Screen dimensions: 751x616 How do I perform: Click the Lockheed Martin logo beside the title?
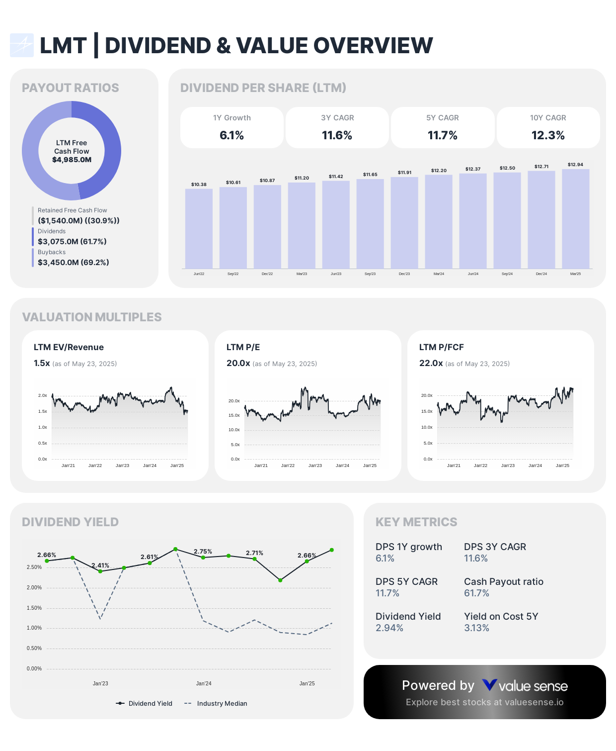point(22,45)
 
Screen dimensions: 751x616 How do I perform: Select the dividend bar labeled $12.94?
point(575,219)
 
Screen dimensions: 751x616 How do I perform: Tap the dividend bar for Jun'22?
point(199,229)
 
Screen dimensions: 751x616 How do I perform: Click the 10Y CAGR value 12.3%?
point(548,135)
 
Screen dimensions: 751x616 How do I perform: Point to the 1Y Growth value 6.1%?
point(231,135)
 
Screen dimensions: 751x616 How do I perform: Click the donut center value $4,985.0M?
point(72,160)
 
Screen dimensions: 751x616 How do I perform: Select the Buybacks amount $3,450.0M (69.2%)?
point(74,262)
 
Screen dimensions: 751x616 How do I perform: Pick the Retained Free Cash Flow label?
point(72,210)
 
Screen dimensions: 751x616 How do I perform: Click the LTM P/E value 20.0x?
point(238,363)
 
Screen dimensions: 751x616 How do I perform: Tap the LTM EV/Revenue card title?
point(69,347)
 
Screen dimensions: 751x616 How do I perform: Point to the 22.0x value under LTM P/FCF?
point(431,363)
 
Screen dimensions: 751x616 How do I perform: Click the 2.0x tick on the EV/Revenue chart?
point(43,395)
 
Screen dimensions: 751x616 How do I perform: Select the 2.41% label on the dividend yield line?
point(100,565)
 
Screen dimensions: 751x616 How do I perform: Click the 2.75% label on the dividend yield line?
point(203,552)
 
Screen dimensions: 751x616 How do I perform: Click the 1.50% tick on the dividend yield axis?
point(34,608)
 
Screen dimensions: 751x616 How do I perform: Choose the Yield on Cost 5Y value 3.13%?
point(476,628)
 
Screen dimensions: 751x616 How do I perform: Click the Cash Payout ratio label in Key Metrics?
point(503,581)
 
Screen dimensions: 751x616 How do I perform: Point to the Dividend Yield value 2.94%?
point(389,628)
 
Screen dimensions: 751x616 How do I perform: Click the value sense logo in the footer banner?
point(525,686)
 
